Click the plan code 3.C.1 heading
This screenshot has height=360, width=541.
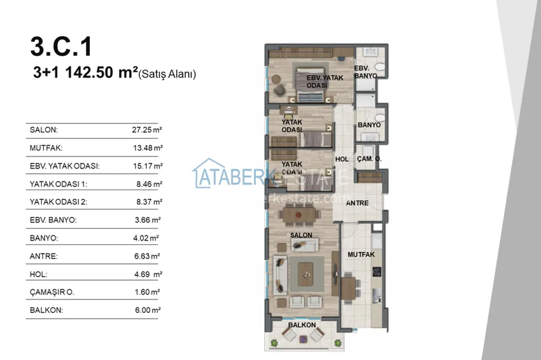pyautogui.click(x=61, y=47)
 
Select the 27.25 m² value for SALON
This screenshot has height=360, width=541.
pyautogui.click(x=147, y=130)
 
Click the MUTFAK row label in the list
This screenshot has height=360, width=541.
pyautogui.click(x=46, y=148)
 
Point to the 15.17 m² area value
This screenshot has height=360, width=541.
pyautogui.click(x=148, y=166)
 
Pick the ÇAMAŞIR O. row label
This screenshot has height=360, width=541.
pyautogui.click(x=52, y=292)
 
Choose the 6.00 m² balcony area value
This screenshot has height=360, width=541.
pyautogui.click(x=148, y=310)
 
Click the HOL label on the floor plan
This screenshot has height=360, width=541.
pyautogui.click(x=342, y=159)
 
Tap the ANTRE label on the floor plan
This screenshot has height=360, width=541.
pyautogui.click(x=357, y=203)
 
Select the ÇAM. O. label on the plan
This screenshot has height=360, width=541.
pyautogui.click(x=369, y=159)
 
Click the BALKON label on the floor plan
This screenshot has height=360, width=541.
pyautogui.click(x=302, y=325)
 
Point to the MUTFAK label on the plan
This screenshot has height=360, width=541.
pyautogui.click(x=361, y=254)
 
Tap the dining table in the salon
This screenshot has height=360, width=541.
pyautogui.click(x=299, y=215)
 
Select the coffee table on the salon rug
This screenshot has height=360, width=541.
pyautogui.click(x=306, y=273)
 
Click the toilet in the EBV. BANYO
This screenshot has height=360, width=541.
pyautogui.click(x=379, y=66)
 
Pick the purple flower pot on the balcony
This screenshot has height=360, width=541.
pyautogui.click(x=302, y=339)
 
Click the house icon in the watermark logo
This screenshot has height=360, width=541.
pyautogui.click(x=208, y=173)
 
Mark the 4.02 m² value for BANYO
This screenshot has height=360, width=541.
pyautogui.click(x=146, y=238)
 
